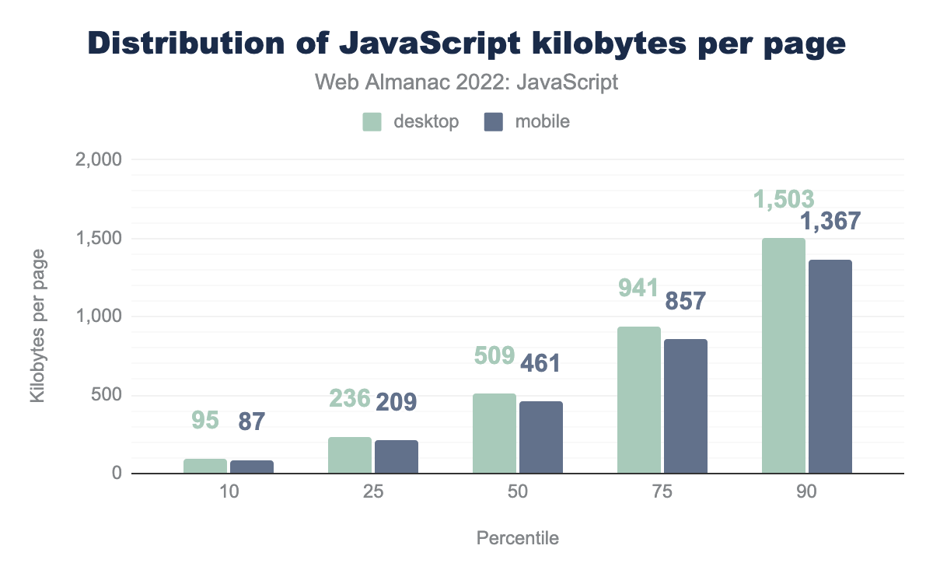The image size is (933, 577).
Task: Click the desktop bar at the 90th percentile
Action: point(783,355)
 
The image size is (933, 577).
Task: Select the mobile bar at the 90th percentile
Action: point(830,366)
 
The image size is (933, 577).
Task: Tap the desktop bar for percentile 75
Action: point(638,400)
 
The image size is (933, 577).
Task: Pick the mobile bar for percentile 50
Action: point(541,437)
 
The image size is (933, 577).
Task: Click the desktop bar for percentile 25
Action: point(349,455)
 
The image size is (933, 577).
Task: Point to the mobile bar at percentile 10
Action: point(252,467)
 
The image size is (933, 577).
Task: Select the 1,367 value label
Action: point(830,222)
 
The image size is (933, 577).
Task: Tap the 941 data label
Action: point(638,288)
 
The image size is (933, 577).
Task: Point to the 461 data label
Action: point(540,363)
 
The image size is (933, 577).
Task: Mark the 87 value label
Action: point(252,422)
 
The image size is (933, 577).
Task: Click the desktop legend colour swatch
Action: point(372,122)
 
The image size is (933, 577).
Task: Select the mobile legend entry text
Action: point(541,122)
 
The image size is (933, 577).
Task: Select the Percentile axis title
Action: point(517,538)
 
